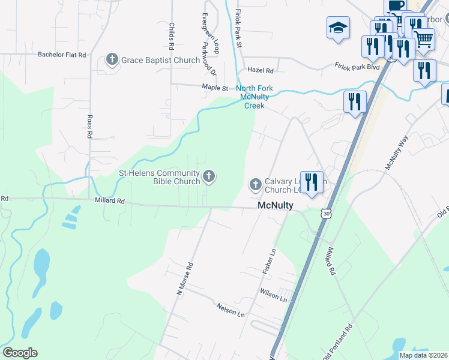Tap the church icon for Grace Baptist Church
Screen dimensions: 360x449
click(112, 59)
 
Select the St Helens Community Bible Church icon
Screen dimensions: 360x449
click(209, 176)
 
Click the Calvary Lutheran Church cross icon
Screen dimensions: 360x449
click(255, 184)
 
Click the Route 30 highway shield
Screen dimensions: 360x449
click(326, 214)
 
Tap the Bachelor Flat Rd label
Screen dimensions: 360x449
click(62, 55)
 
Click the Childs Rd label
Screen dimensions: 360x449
click(172, 36)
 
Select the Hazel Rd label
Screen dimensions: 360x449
click(261, 70)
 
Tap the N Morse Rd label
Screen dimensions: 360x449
click(184, 278)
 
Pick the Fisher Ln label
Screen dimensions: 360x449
click(269, 262)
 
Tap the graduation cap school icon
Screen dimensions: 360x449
click(338, 28)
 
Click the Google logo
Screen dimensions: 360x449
click(20, 353)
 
